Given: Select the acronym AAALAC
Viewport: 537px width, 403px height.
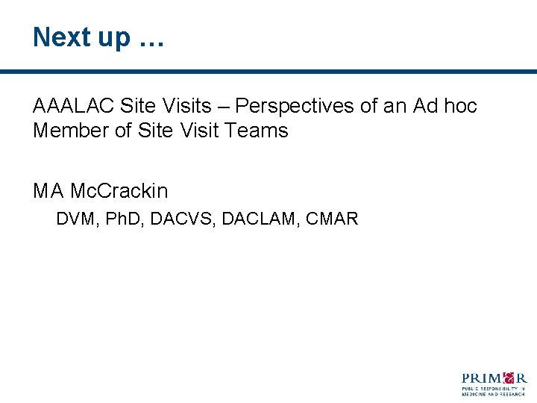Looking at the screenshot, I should click(x=73, y=106).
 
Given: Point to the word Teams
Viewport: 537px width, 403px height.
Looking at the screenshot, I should click(x=259, y=131).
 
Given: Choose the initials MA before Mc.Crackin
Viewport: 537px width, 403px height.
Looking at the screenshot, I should click(x=48, y=191).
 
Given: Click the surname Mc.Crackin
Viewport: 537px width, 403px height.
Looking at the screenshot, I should click(x=119, y=191).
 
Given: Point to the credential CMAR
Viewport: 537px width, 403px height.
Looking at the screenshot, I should click(x=332, y=219).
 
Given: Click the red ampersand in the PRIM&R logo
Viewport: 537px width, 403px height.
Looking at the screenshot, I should click(x=509, y=377).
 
